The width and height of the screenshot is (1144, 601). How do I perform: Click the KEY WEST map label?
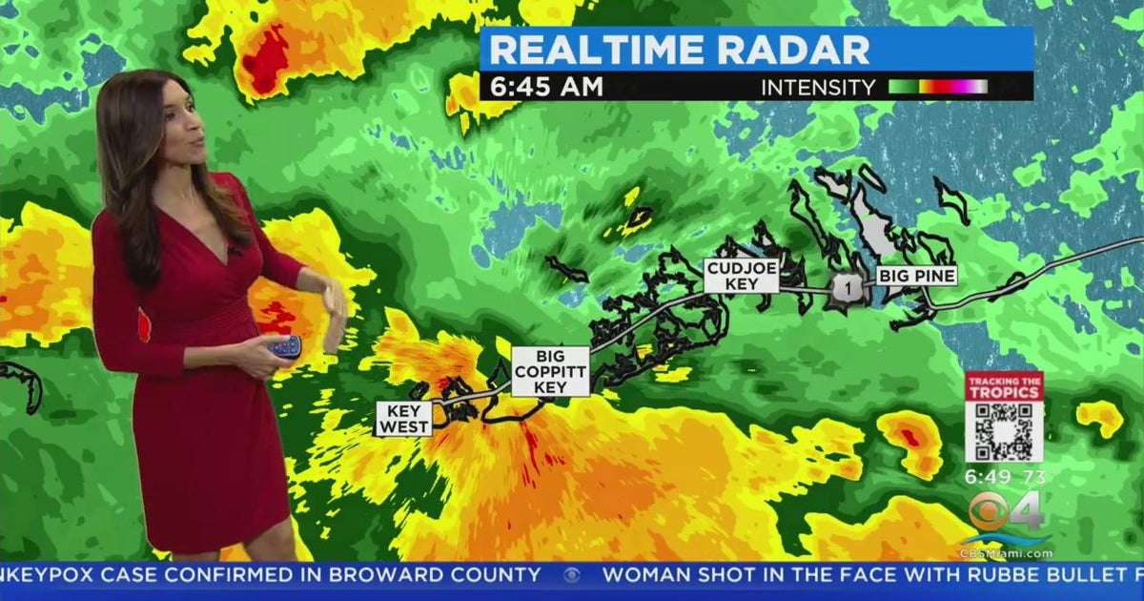tap(403, 419)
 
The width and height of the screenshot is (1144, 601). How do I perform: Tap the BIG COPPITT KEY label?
tap(550, 371)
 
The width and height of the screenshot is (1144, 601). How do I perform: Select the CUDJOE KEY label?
tap(742, 276)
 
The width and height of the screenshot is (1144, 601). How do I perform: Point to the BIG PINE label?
tap(916, 277)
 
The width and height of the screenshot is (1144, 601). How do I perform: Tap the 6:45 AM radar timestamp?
tap(546, 87)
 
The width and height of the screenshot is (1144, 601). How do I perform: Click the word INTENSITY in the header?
tap(817, 88)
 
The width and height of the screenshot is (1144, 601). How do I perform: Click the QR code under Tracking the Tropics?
tap(1003, 431)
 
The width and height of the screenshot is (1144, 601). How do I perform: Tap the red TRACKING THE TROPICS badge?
tap(1004, 386)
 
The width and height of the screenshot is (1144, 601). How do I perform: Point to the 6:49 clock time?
tap(986, 476)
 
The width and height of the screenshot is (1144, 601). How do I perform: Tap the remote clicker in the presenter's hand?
tap(284, 347)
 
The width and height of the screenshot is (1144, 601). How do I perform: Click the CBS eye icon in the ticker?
tap(572, 575)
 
